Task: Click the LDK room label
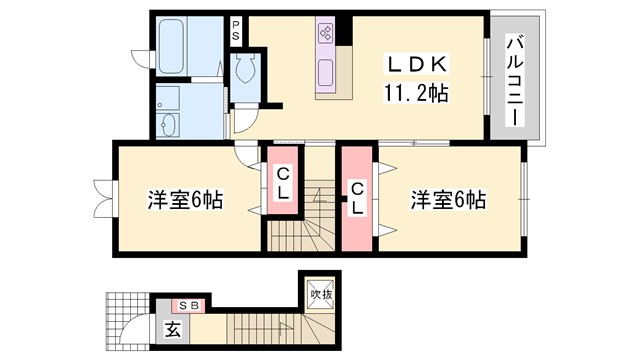pos(418,65)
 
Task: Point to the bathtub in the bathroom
pos(173,47)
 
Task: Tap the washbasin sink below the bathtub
pos(168,124)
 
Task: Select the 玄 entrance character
pos(171,329)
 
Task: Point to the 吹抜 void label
pos(320,296)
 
